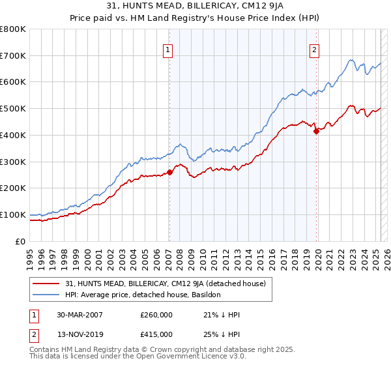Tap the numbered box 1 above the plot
168,50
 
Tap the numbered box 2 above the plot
314,50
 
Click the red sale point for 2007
169,172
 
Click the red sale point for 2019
316,131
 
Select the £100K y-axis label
13,214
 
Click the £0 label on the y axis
21,241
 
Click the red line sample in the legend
46,284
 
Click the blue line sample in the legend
46,295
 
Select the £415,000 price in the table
156,334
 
